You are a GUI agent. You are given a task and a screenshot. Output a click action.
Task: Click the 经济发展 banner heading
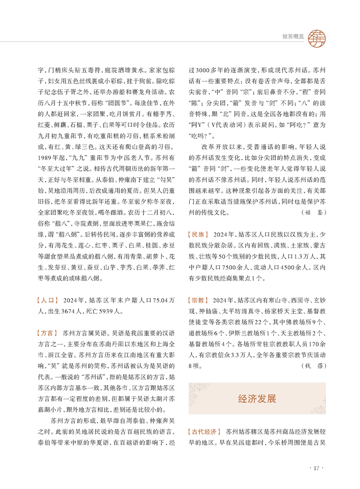click(256, 399)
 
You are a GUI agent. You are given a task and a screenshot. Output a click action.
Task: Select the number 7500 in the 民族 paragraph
click(226, 267)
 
